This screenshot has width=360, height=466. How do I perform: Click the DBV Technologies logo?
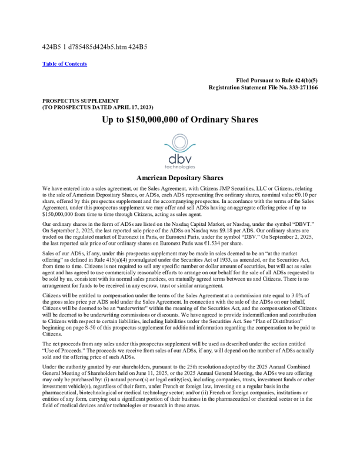[180, 151]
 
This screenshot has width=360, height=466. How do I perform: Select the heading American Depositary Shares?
[180, 177]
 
